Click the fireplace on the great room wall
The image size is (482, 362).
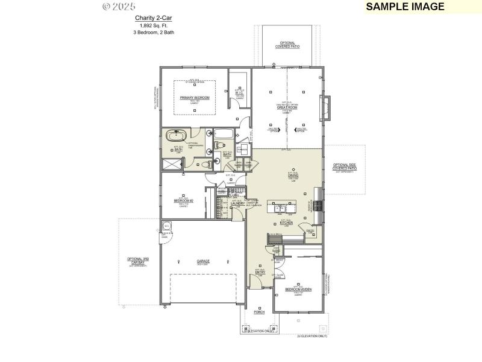(x=326, y=108)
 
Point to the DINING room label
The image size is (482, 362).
(x=293, y=176)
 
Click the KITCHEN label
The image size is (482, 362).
(x=286, y=223)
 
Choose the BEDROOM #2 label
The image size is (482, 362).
(x=183, y=200)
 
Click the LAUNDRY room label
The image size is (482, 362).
(x=237, y=203)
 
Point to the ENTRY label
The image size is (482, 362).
(x=260, y=272)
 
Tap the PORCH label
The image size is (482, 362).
(x=259, y=313)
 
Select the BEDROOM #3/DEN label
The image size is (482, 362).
(x=298, y=290)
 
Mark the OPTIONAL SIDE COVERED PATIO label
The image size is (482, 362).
(x=344, y=168)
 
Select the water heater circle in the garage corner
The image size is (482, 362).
(x=166, y=227)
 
